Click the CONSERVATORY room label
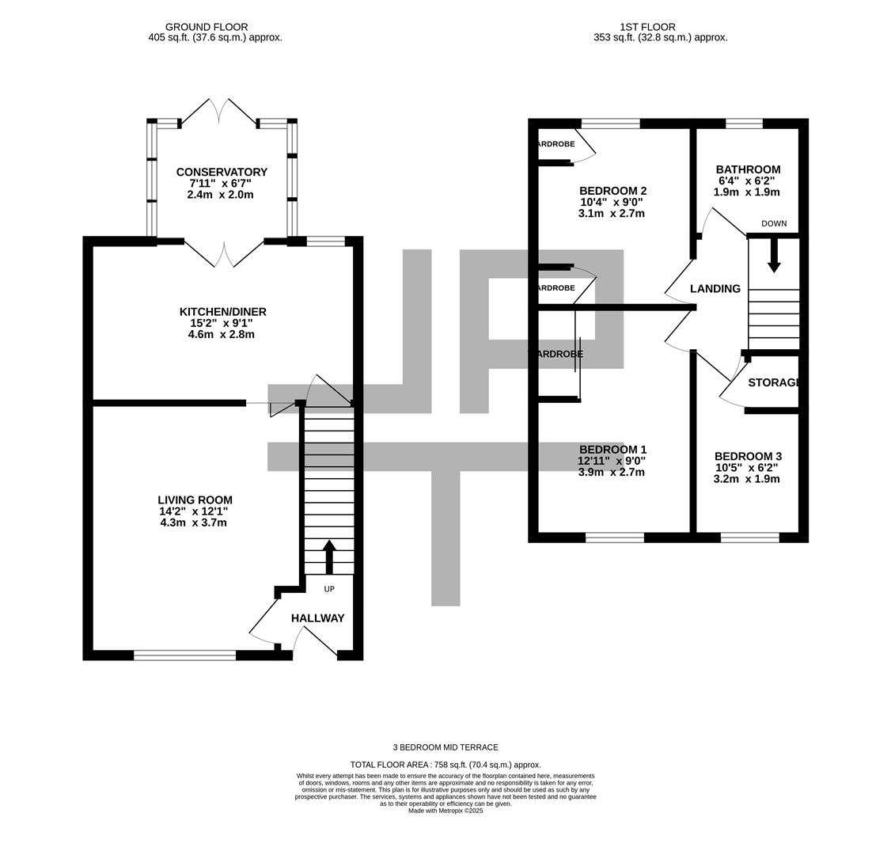tap(222, 172)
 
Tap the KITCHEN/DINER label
tap(222, 312)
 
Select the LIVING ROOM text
tap(195, 500)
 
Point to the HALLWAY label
tap(317, 618)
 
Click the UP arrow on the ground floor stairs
tap(329, 557)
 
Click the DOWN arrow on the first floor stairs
tap(774, 255)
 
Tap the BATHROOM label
tap(748, 169)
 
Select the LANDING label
tap(715, 289)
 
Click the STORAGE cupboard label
tap(774, 382)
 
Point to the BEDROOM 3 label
tap(748, 456)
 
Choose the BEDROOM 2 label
tap(612, 191)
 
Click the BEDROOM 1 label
tap(612, 450)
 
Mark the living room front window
tap(185, 655)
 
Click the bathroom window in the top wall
tap(744, 123)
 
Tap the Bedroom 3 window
tap(749, 538)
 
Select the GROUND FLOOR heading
tap(207, 27)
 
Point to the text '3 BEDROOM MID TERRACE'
tap(445, 747)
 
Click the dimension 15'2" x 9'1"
tap(222, 323)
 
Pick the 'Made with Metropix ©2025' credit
tap(445, 811)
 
